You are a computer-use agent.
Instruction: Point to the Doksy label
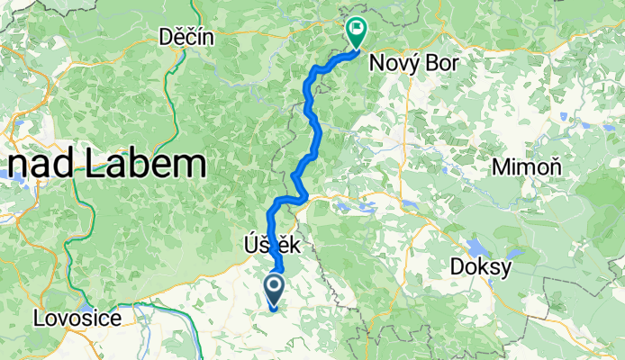tap(481, 267)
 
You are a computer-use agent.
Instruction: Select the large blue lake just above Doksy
tap(475, 247)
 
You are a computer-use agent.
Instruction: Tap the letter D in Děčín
tap(164, 37)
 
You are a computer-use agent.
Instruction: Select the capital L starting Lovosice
tap(40, 318)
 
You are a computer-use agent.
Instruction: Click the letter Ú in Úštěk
tap(249, 244)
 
